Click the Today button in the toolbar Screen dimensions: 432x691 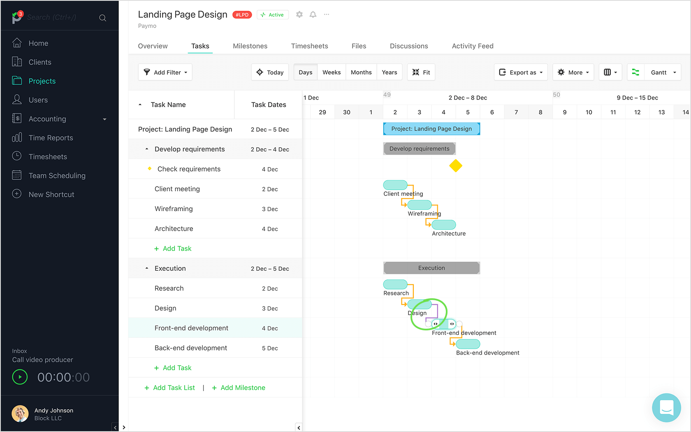[x=270, y=72]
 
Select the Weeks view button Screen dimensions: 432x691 [x=331, y=72]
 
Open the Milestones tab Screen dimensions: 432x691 [x=250, y=46]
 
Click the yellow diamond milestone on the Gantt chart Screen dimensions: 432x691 [x=455, y=166]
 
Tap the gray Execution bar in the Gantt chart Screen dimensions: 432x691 [x=431, y=268]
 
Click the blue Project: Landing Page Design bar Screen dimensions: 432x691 [x=431, y=129]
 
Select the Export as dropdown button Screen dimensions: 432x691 [x=521, y=72]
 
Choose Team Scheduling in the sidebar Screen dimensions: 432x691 [x=57, y=176]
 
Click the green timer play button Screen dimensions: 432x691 [x=20, y=377]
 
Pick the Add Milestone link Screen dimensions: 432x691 [x=242, y=388]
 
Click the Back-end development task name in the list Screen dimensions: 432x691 [x=190, y=348]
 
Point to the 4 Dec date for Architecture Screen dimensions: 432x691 [x=270, y=229]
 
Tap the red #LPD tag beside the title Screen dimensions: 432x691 [x=242, y=15]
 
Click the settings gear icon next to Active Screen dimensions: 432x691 [x=299, y=14]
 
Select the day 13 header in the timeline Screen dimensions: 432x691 [x=661, y=112]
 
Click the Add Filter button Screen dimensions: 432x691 [x=165, y=72]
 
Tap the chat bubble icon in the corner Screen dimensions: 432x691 [x=666, y=408]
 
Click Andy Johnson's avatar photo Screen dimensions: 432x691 [x=20, y=413]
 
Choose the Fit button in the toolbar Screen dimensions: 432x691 [x=421, y=72]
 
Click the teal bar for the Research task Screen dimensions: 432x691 [x=395, y=284]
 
